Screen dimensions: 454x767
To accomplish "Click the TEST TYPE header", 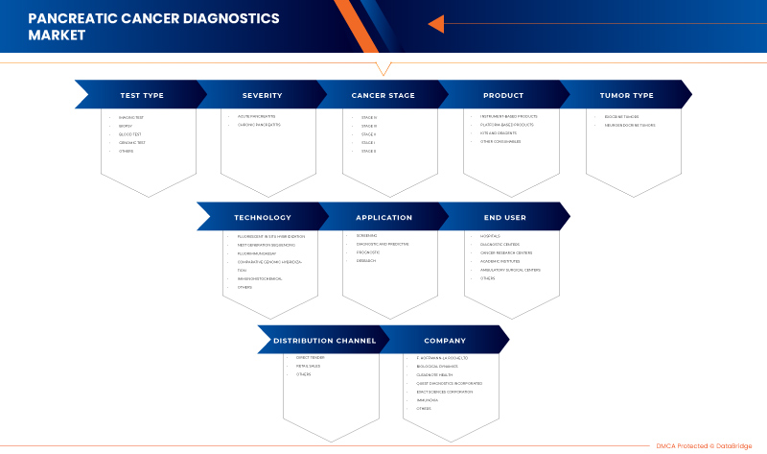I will pyautogui.click(x=142, y=95).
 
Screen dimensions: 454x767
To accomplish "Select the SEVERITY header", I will pyautogui.click(x=262, y=95).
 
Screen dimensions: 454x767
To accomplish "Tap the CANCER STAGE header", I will pyautogui.click(x=383, y=95).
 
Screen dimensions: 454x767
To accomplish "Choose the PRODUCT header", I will pyautogui.click(x=503, y=95).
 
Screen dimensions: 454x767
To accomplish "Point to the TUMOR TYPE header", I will pyautogui.click(x=626, y=95).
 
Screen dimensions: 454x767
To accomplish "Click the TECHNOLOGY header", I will pyautogui.click(x=262, y=217).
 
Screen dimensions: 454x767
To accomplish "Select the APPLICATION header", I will pyautogui.click(x=383, y=217).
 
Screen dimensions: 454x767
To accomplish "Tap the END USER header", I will pyautogui.click(x=503, y=217).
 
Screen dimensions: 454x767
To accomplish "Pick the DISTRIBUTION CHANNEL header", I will pyautogui.click(x=324, y=340).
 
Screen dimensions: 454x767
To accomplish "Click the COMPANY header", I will pyautogui.click(x=445, y=340).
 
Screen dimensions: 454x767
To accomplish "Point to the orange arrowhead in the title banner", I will pyautogui.click(x=436, y=24).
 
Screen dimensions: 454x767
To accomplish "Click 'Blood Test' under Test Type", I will pyautogui.click(x=130, y=133).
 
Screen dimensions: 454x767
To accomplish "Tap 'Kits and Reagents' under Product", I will pyautogui.click(x=499, y=133).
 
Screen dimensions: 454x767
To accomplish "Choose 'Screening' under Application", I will pyautogui.click(x=367, y=235).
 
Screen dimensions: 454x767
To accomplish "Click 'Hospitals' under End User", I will pyautogui.click(x=489, y=235).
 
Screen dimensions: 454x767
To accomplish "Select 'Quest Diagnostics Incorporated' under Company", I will pyautogui.click(x=449, y=383).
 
